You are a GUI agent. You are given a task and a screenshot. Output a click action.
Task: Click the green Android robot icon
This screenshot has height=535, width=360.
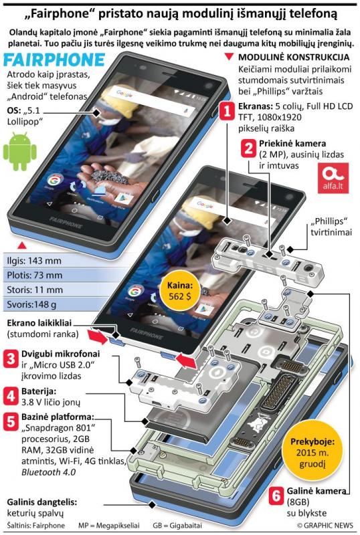point(20,152)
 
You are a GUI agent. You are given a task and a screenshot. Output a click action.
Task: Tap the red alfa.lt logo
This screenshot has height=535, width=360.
point(333,178)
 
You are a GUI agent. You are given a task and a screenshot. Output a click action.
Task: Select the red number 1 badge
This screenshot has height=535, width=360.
point(227,111)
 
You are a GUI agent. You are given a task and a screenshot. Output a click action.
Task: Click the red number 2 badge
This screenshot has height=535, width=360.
point(248,148)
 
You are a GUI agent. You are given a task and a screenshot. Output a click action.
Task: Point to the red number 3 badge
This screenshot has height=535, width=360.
point(11,359)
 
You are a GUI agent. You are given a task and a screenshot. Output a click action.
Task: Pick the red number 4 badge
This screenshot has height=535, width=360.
point(11,396)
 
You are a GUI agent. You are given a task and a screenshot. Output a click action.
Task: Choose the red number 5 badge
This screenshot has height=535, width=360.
point(11,422)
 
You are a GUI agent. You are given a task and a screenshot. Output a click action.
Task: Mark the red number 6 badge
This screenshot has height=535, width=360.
point(276,496)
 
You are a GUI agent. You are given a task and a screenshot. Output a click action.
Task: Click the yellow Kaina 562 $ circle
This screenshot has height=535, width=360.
point(180,291)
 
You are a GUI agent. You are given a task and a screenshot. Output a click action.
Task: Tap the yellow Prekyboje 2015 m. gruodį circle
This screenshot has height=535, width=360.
point(312,452)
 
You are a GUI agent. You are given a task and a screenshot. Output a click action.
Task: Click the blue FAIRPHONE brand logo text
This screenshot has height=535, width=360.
point(54,60)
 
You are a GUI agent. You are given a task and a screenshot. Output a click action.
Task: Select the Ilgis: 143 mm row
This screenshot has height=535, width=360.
point(51,261)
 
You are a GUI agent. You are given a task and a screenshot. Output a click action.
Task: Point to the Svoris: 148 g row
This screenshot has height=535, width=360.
point(51,304)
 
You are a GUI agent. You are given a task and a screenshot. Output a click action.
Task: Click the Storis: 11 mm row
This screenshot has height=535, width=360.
point(51,290)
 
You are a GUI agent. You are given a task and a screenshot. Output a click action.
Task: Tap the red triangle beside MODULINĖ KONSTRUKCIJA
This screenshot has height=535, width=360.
point(230,57)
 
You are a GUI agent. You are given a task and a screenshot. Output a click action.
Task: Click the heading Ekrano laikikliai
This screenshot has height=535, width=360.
point(39,323)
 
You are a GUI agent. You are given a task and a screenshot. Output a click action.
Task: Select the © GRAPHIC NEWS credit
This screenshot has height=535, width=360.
point(325,525)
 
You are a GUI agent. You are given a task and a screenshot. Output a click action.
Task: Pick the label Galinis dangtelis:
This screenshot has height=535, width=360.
point(42,502)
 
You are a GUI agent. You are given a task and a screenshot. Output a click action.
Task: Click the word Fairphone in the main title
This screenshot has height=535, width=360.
point(62,14)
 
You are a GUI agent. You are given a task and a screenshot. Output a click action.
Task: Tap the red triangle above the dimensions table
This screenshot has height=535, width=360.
point(22,245)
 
